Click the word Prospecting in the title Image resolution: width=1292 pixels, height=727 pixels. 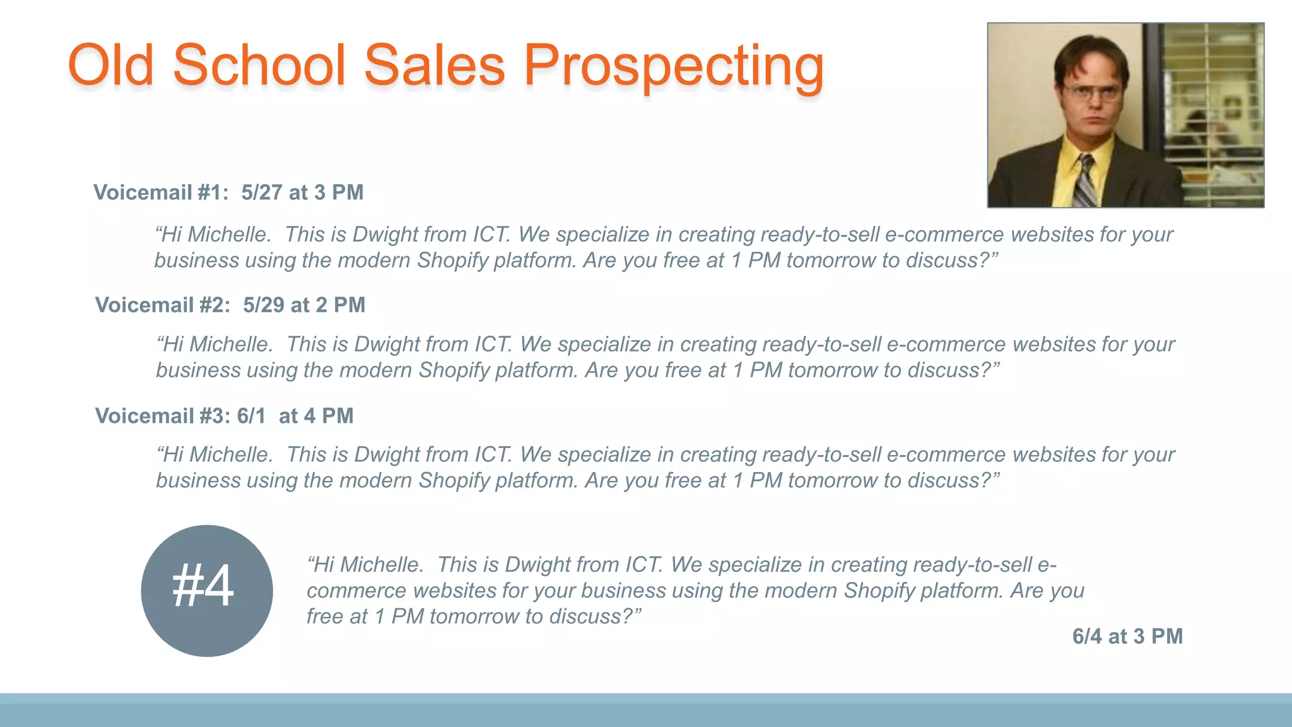coord(674,66)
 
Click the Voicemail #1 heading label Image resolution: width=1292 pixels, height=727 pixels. coord(161,192)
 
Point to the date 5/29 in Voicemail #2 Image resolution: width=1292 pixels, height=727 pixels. coord(264,305)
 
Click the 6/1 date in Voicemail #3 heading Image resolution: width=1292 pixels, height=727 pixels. coord(251,417)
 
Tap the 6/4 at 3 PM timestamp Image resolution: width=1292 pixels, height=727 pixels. coord(1127,637)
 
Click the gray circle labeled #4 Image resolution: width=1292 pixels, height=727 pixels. coord(207,591)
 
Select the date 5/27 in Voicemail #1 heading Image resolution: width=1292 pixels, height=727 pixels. coord(262,192)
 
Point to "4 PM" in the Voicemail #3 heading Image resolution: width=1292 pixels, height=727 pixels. coord(328,417)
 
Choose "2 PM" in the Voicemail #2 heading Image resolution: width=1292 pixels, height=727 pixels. coord(340,305)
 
